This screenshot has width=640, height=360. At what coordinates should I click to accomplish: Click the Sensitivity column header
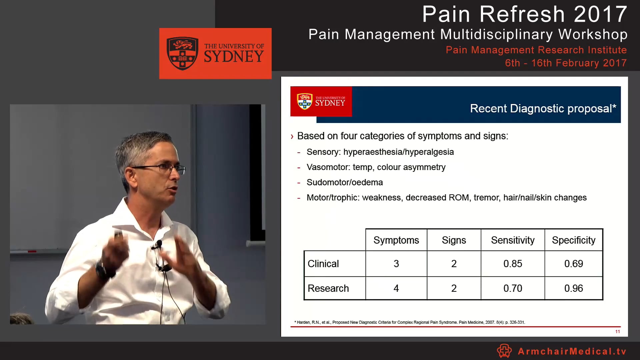coord(513,240)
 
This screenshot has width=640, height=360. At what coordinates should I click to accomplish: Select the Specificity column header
coord(573,240)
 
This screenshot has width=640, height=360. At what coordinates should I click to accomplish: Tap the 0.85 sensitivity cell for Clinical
coord(513,264)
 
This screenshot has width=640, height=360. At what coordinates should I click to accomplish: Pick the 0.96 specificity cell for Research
coord(573,288)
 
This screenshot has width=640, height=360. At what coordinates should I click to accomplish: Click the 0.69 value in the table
coord(573,264)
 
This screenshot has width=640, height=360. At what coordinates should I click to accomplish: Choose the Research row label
coord(328,288)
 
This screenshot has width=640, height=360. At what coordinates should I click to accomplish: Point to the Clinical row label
coord(323,264)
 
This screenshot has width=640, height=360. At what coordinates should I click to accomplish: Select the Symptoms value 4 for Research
coord(396,288)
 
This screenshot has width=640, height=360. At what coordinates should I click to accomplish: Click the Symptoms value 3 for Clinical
coord(396,264)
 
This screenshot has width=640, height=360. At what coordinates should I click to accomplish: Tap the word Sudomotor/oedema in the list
coord(345,182)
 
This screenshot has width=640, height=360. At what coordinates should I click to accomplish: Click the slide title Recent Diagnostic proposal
coord(543,108)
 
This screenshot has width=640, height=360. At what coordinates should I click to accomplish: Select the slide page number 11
coord(617,331)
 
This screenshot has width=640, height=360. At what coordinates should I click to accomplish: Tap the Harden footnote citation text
coord(410,322)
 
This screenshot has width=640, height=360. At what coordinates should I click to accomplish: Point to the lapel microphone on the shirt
coord(158,245)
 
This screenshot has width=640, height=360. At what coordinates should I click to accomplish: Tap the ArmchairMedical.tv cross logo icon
coord(504,351)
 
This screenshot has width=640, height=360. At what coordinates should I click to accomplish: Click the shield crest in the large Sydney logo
coord(182,53)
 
